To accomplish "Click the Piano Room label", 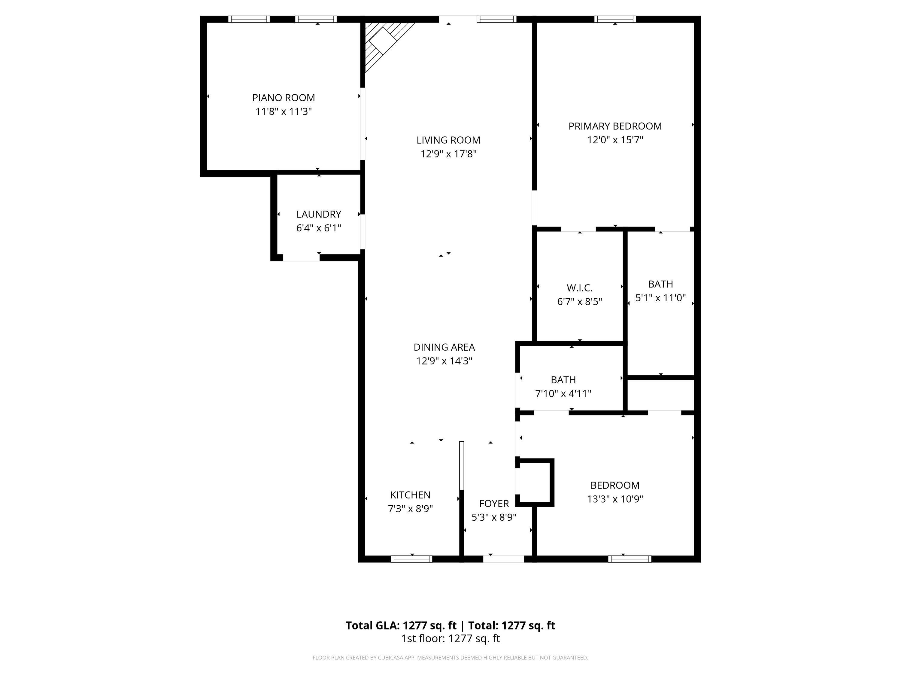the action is pyautogui.click(x=284, y=98).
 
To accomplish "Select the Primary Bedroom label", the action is pyautogui.click(x=615, y=126).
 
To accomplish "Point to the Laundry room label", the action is pyautogui.click(x=319, y=214).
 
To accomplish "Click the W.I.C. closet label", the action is pyautogui.click(x=580, y=288).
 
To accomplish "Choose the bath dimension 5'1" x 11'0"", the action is pyautogui.click(x=661, y=298).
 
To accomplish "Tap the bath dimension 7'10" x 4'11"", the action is pyautogui.click(x=563, y=394).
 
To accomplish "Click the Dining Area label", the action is pyautogui.click(x=444, y=347).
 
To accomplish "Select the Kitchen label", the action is pyautogui.click(x=410, y=495).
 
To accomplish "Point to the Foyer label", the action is pyautogui.click(x=494, y=504).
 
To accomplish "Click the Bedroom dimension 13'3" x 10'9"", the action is pyautogui.click(x=615, y=499).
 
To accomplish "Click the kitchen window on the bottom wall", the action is pyautogui.click(x=411, y=559).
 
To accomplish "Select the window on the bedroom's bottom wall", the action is pyautogui.click(x=630, y=559).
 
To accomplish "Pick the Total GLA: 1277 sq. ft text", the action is pyautogui.click(x=401, y=626).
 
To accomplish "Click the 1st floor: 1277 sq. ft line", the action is pyautogui.click(x=450, y=638).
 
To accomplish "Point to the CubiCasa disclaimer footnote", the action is pyautogui.click(x=450, y=658).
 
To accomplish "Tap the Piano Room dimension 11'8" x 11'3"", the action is pyautogui.click(x=284, y=112).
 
